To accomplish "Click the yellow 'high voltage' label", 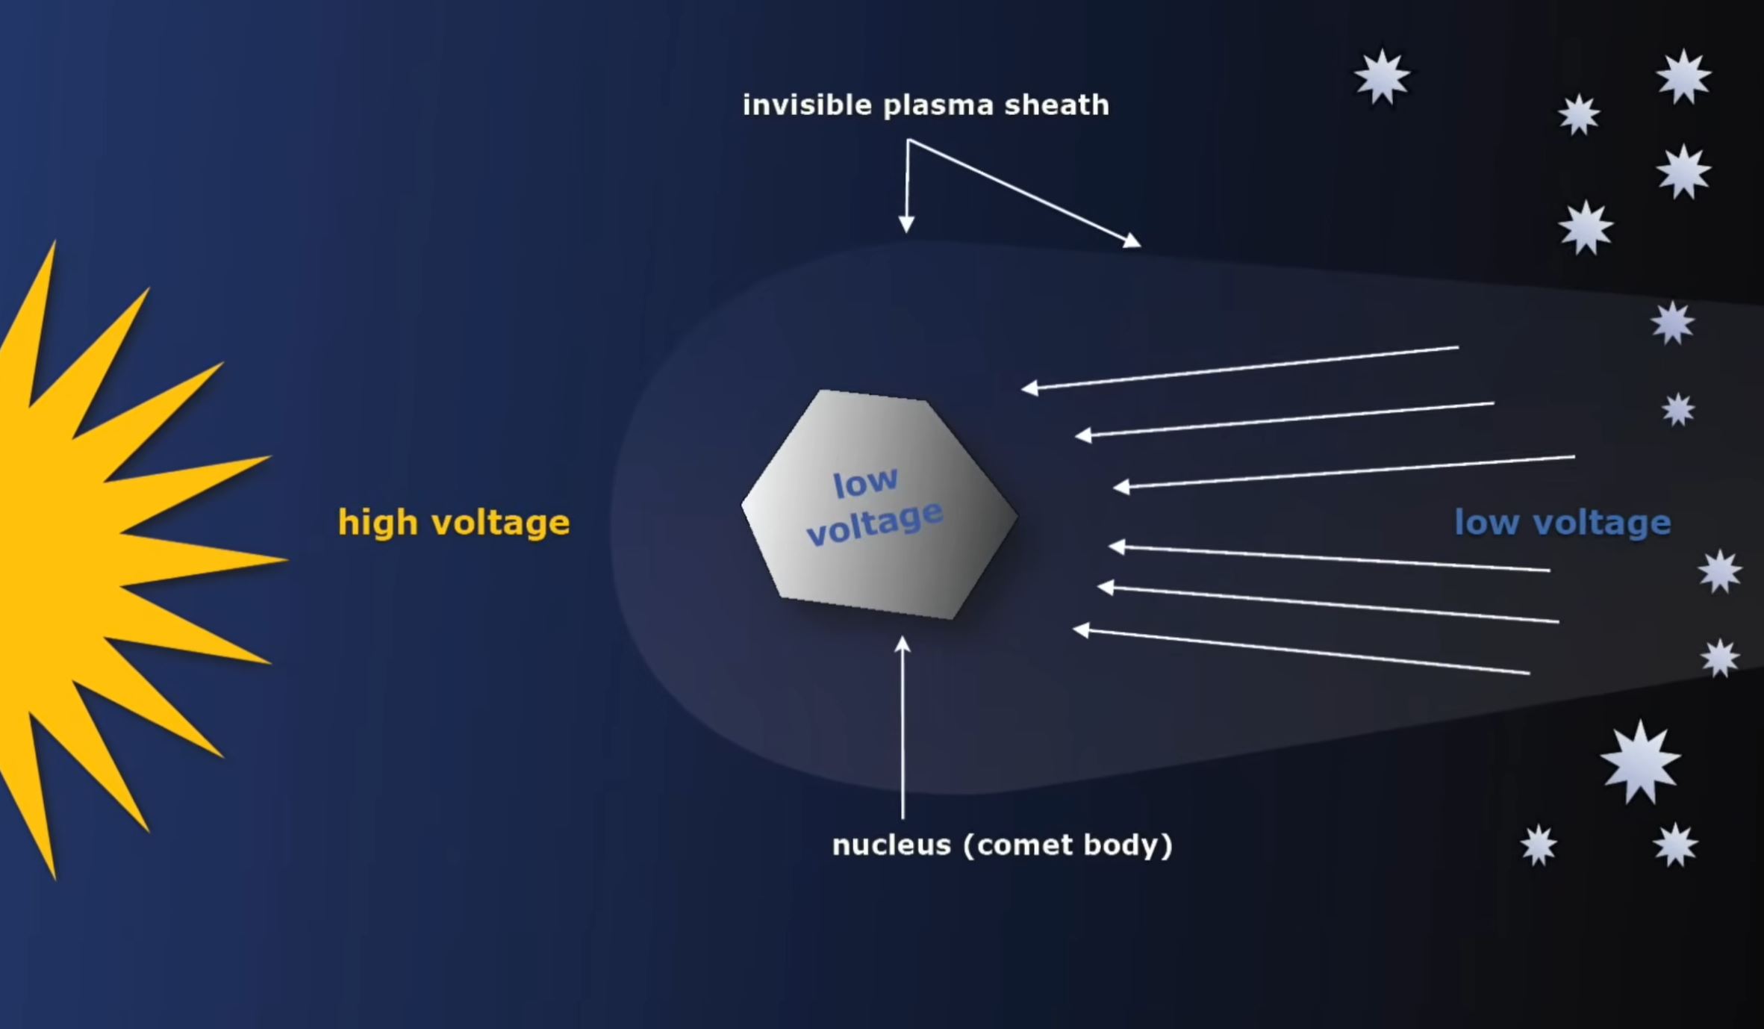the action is click(x=454, y=522).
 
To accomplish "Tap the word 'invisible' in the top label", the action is click(x=807, y=105).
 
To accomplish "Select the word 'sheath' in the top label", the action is click(x=1057, y=105).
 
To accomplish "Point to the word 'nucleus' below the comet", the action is click(x=892, y=845).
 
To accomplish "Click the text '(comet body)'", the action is click(x=1068, y=845).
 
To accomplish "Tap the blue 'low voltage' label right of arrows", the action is click(x=1562, y=523).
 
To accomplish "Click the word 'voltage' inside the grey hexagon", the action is click(x=876, y=523).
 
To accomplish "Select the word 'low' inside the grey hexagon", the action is click(x=865, y=483).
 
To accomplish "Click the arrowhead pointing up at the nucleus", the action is click(x=903, y=644).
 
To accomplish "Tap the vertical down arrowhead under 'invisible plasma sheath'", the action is click(x=906, y=225).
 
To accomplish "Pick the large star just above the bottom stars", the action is click(x=1640, y=762).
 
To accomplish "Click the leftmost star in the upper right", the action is click(x=1383, y=77).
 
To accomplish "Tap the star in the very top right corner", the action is click(x=1684, y=77).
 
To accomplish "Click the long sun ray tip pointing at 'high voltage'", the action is click(x=286, y=558).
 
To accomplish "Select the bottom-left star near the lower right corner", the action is click(x=1539, y=846).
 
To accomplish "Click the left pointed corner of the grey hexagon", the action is click(x=742, y=506).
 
